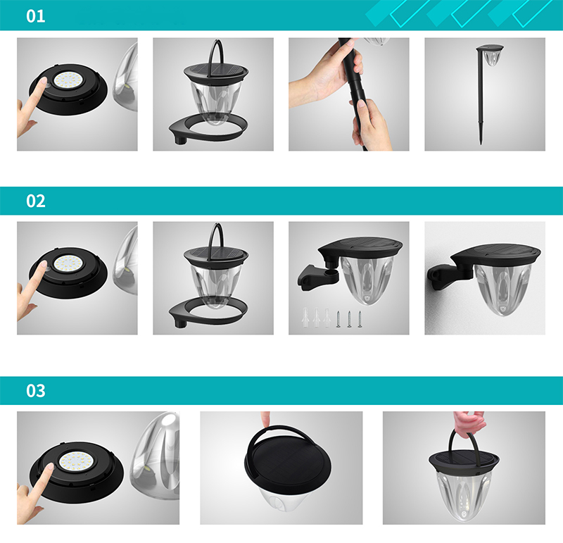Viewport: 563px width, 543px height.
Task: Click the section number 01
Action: pyautogui.click(x=36, y=16)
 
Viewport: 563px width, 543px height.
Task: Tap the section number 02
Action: pyautogui.click(x=36, y=201)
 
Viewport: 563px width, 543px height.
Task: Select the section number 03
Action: pyautogui.click(x=36, y=391)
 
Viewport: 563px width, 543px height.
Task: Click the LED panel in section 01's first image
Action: pyautogui.click(x=68, y=80)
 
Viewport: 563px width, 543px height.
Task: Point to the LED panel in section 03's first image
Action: pyautogui.click(x=76, y=462)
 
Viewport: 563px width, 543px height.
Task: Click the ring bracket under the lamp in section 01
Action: pyautogui.click(x=208, y=134)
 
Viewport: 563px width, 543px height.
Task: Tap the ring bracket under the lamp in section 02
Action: pyautogui.click(x=208, y=318)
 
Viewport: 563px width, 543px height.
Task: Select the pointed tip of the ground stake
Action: pyautogui.click(x=481, y=143)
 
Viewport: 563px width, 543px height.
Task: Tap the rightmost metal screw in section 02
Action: pyautogui.click(x=360, y=319)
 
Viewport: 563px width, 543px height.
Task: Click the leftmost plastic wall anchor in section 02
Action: pyautogui.click(x=305, y=317)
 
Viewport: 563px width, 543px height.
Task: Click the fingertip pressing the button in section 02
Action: pyautogui.click(x=42, y=266)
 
